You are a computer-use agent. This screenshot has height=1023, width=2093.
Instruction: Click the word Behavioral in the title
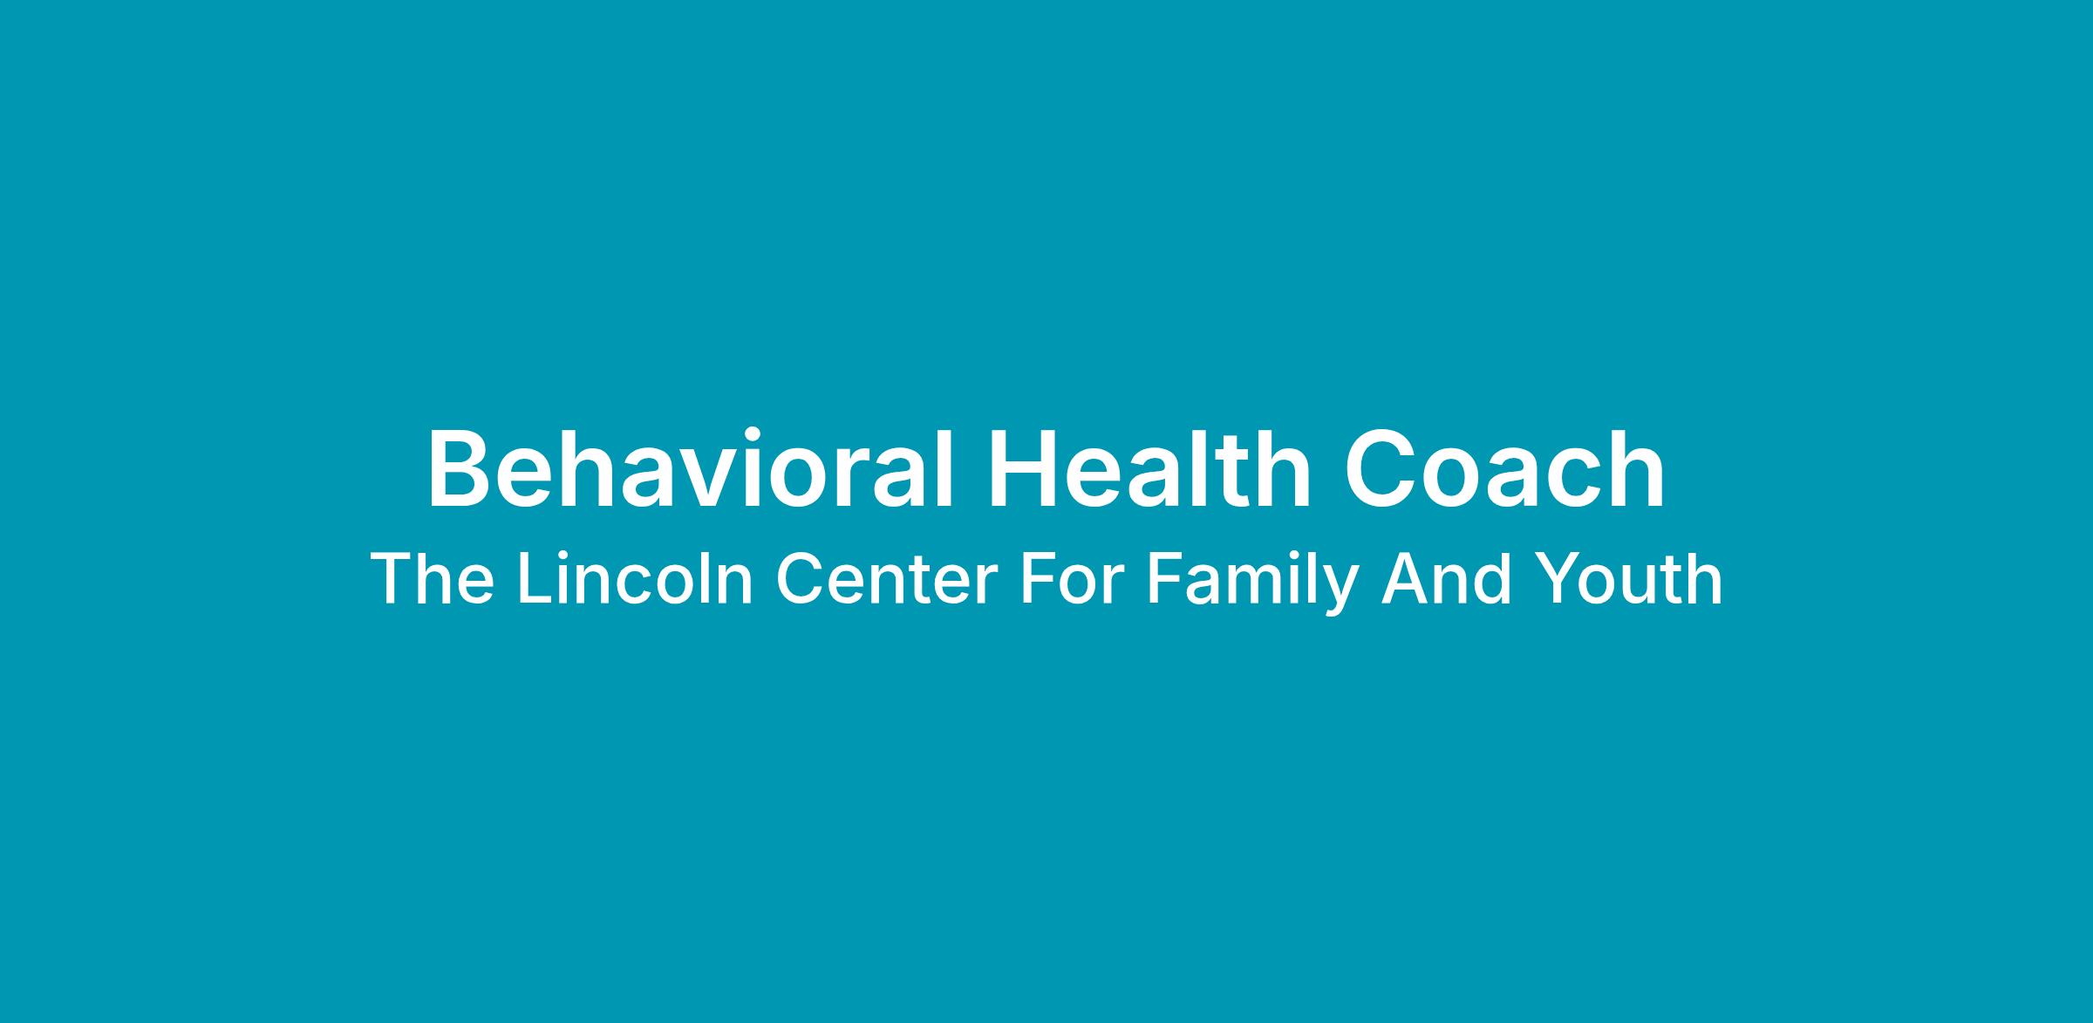688,468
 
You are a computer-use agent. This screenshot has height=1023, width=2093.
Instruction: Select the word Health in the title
1150,468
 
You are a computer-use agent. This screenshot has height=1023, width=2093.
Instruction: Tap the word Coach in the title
1506,468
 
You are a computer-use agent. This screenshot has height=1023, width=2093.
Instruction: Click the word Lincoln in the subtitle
635,579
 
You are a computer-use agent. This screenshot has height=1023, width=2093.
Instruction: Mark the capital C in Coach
1383,468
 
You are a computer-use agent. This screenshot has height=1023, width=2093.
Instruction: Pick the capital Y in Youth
1552,579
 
